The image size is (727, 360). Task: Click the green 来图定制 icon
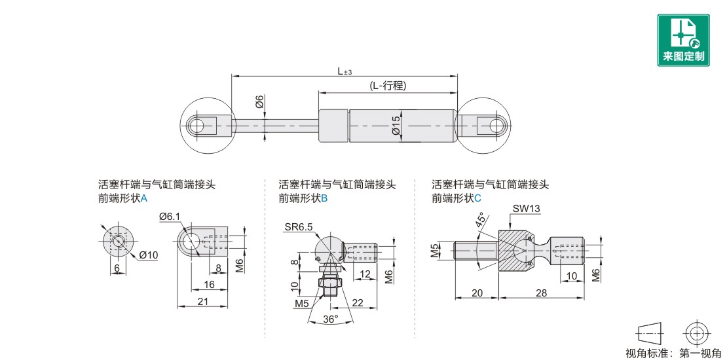click(683, 40)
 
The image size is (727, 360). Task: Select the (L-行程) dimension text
click(388, 86)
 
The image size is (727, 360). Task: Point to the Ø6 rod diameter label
click(259, 101)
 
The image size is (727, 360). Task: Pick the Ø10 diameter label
click(148, 255)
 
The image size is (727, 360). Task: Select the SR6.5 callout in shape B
click(299, 226)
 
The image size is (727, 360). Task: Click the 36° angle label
click(331, 319)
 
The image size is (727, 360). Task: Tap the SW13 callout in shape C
click(526, 209)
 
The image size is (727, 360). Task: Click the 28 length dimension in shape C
click(541, 293)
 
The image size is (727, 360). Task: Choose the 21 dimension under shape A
click(202, 301)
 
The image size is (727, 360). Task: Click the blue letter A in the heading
click(143, 198)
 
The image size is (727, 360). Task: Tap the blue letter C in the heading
click(478, 198)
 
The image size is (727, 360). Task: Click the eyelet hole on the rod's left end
click(198, 125)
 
